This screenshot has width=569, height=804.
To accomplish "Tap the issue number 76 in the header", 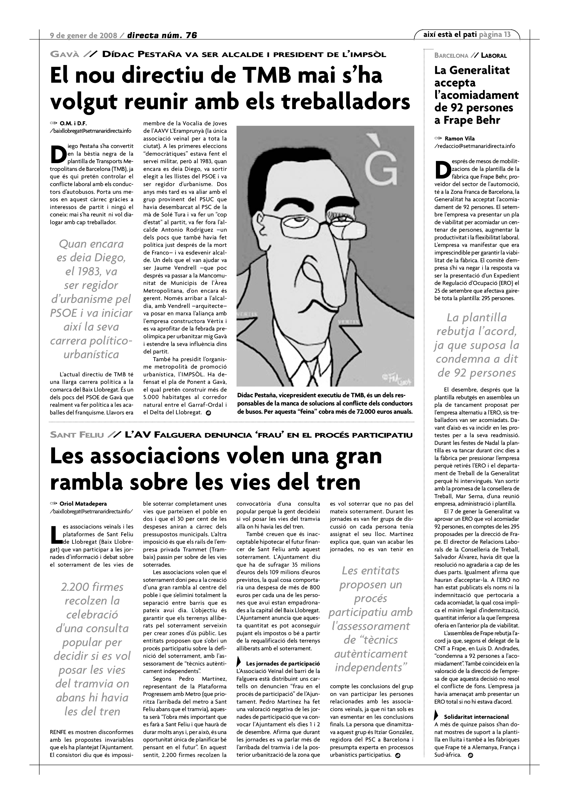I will (x=191, y=35).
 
